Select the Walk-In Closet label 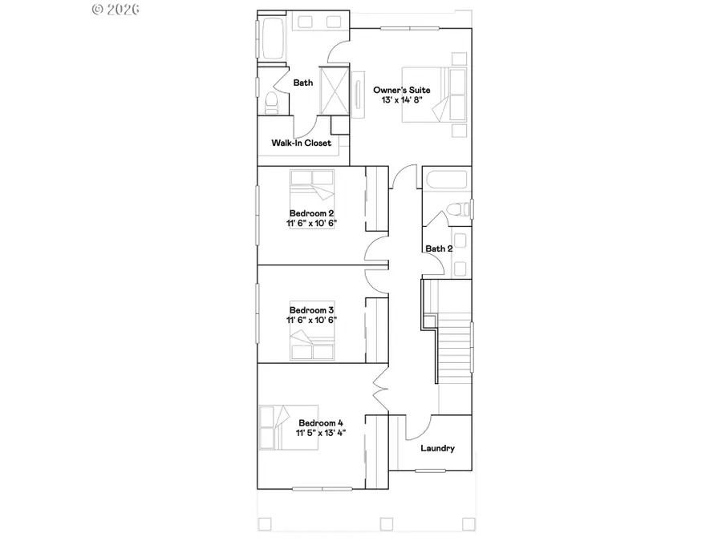click(301, 143)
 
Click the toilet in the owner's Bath click(271, 102)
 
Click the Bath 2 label click(439, 249)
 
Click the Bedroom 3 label click(312, 309)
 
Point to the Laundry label click(438, 448)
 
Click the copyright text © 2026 click(116, 10)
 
